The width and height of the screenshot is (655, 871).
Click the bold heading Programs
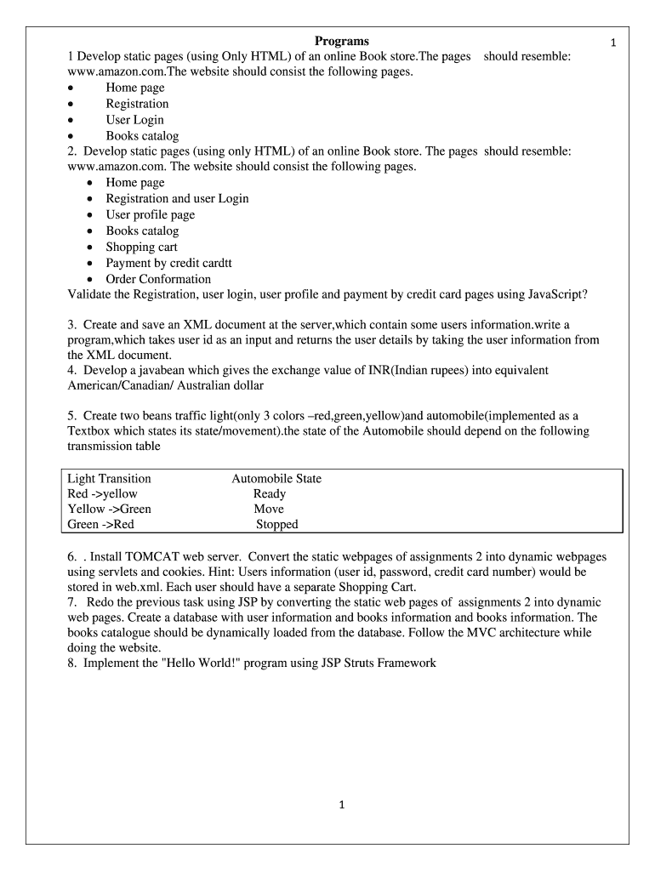(342, 41)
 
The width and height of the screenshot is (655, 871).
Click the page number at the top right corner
(612, 43)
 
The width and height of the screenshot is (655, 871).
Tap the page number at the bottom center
(341, 807)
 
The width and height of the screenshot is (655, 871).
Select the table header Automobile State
(276, 479)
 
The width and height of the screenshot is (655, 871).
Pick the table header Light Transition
(109, 479)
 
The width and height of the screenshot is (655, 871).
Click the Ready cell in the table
(270, 494)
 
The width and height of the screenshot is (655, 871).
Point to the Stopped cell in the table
(276, 525)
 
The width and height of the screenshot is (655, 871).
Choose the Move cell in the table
(269, 510)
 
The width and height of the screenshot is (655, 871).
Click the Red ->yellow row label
(102, 494)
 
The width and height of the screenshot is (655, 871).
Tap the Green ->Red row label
(100, 525)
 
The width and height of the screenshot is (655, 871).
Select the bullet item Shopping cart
(141, 248)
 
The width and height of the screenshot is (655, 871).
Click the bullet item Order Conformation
(158, 280)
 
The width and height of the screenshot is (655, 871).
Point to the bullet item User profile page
(150, 215)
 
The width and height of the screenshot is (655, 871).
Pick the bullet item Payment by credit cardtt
(168, 264)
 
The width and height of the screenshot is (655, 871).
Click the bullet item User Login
(134, 120)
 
